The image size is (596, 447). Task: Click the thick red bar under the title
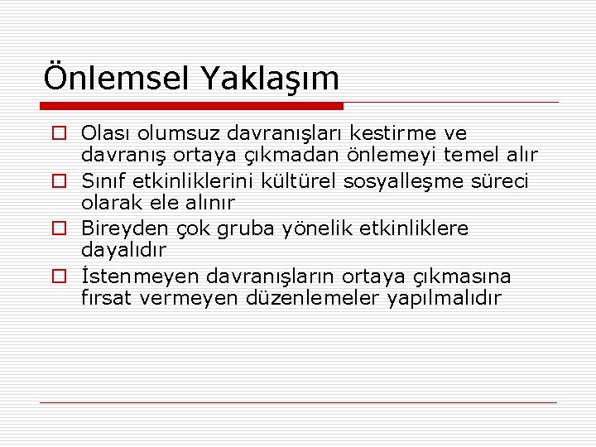193,106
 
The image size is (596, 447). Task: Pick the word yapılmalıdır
444,298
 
